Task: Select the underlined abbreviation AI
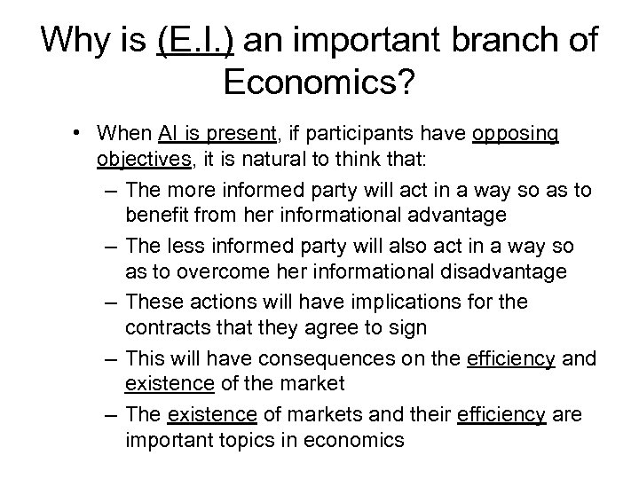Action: pos(169,134)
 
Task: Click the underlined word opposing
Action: pos(516,134)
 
